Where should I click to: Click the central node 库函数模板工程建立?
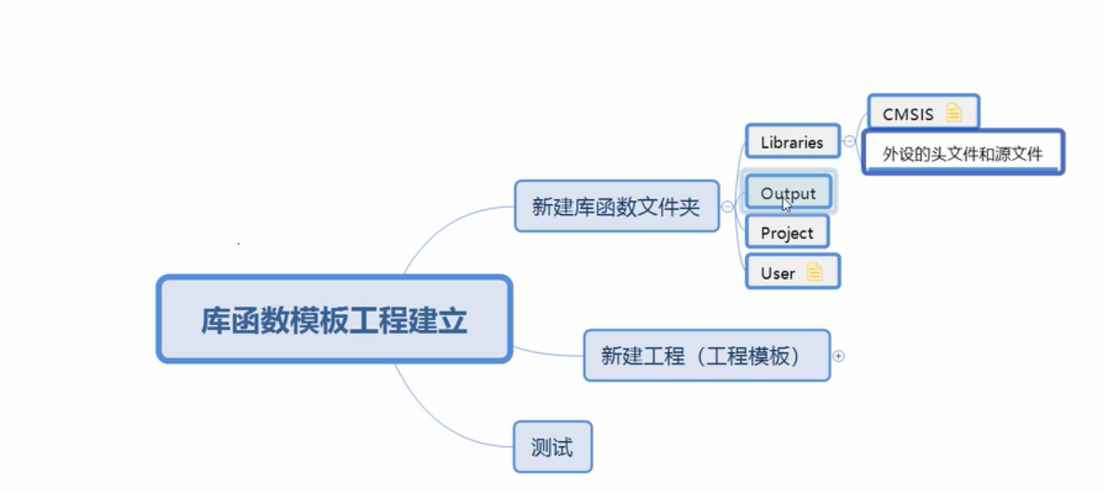[334, 319]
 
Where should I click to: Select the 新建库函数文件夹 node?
[616, 207]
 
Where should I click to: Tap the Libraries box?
[791, 142]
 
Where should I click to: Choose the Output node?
[788, 193]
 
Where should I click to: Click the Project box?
[786, 233]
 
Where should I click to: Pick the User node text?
[777, 273]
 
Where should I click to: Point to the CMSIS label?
[908, 114]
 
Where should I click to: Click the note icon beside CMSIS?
[953, 113]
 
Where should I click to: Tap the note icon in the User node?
[814, 272]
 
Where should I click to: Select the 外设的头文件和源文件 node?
[962, 154]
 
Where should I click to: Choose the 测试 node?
[552, 449]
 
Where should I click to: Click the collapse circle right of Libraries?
[849, 141]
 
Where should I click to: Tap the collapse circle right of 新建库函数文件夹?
[727, 207]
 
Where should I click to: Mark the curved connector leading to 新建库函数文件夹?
[444, 226]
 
